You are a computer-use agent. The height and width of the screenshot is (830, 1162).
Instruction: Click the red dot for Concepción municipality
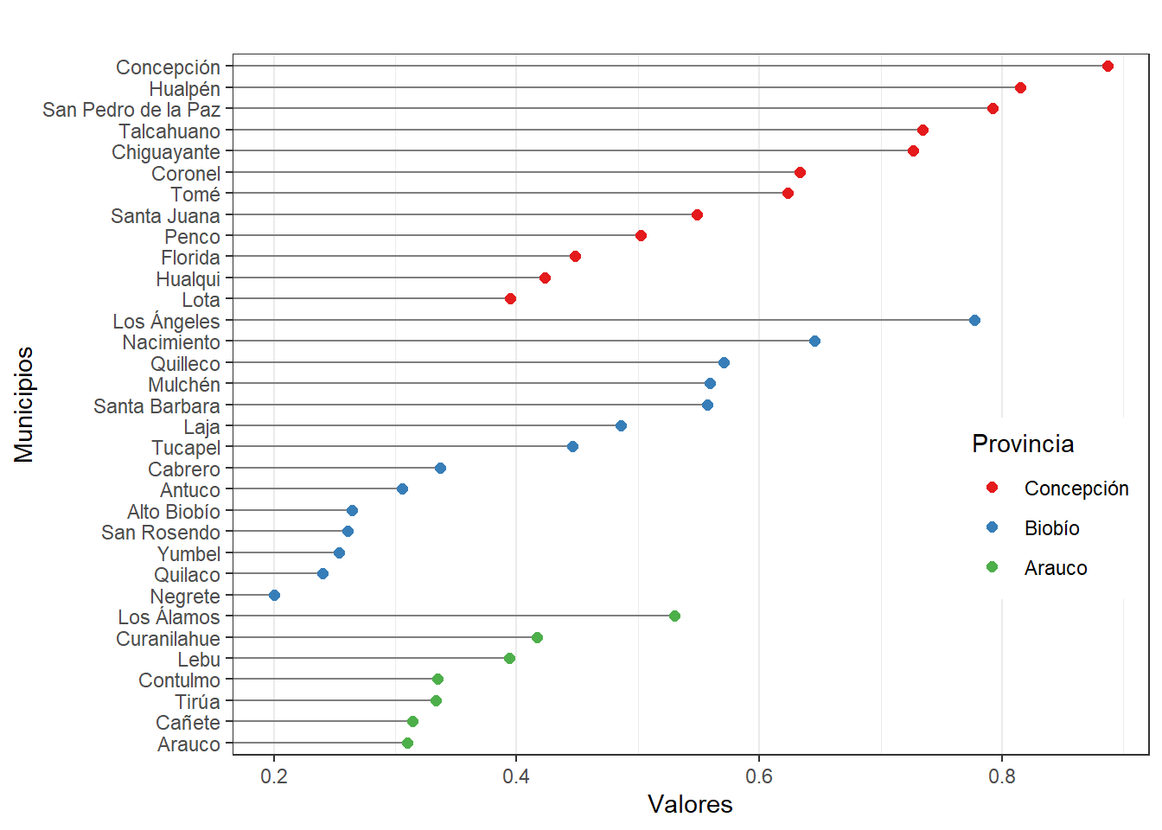1108,67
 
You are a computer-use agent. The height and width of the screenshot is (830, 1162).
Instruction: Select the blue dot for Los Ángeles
974,321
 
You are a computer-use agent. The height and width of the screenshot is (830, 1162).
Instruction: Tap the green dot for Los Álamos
674,616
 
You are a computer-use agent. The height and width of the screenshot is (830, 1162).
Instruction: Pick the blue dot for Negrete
274,596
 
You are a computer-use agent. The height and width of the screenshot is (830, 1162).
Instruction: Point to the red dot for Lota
510,299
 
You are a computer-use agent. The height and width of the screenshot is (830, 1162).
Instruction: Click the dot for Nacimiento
814,342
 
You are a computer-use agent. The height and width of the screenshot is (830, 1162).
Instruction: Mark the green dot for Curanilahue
537,638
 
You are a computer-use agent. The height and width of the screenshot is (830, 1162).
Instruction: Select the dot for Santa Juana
697,215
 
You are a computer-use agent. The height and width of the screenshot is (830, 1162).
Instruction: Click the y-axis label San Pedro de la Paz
131,110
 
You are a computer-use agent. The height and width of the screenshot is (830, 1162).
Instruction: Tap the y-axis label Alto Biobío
173,512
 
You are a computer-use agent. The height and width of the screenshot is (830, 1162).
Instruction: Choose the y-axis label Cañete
188,723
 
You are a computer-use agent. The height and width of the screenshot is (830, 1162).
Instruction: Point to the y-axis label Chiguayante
166,152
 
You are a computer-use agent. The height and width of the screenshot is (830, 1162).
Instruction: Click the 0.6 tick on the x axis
759,776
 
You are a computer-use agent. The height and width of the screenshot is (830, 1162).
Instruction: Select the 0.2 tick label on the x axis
274,776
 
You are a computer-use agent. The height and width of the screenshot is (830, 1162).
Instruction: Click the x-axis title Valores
690,805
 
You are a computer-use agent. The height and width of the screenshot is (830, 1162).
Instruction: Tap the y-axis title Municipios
24,405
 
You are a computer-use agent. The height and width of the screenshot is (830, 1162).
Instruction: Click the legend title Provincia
1023,444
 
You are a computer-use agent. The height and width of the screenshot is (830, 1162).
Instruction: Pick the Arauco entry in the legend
1055,568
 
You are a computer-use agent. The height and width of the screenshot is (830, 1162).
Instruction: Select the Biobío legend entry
1051,528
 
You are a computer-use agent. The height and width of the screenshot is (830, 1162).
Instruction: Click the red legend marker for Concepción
992,488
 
